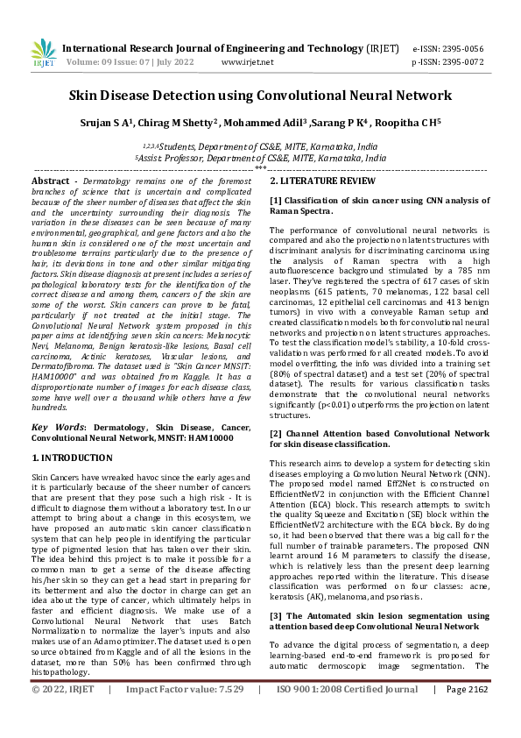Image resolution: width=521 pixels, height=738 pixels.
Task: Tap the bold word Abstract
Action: click(x=50, y=181)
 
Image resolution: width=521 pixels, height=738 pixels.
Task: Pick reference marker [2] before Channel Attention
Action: click(x=276, y=433)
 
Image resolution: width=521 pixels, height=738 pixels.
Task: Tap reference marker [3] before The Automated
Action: click(x=276, y=592)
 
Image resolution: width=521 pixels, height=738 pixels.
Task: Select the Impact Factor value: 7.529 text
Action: click(x=185, y=714)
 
